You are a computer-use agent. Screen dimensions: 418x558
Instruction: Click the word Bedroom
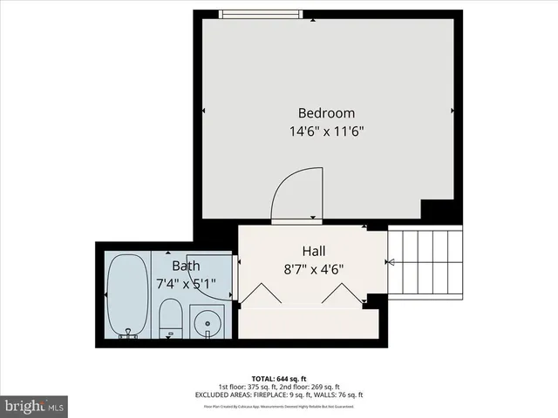click(327, 113)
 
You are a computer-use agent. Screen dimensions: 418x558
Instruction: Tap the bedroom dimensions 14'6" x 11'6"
click(327, 132)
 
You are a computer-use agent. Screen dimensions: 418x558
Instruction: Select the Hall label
click(314, 249)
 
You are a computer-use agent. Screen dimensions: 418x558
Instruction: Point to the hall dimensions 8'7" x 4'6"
click(314, 268)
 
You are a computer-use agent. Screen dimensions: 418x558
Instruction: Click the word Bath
click(186, 266)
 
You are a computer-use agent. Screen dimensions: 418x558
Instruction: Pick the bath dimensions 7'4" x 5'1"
click(186, 283)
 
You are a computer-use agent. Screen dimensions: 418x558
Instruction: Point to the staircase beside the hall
click(425, 261)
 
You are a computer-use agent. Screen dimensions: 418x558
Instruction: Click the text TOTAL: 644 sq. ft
click(279, 378)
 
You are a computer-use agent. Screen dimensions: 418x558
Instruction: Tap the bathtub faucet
click(127, 331)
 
